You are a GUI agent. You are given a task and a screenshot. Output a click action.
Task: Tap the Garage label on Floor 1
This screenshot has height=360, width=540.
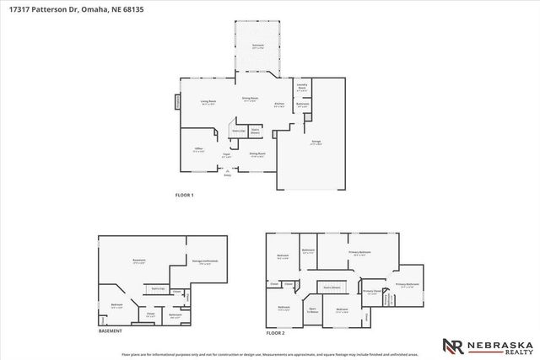click(315, 144)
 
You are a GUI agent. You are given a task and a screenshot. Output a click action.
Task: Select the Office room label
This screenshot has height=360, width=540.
click(198, 149)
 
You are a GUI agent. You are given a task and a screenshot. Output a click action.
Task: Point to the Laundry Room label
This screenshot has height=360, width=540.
click(302, 86)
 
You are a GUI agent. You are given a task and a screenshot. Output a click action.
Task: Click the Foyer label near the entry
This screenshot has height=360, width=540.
click(226, 154)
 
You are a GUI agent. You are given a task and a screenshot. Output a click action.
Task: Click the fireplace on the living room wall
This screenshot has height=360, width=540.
click(177, 102)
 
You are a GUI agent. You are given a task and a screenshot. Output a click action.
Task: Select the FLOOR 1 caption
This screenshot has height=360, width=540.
click(184, 196)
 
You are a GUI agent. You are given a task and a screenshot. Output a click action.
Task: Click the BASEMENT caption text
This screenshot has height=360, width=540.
click(111, 331)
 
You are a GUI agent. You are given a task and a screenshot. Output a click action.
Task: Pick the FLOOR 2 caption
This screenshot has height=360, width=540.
click(277, 333)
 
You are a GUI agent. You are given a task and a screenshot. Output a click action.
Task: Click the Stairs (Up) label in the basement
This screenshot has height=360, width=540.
click(157, 288)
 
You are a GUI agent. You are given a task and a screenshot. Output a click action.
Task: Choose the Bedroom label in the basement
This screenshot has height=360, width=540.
click(116, 304)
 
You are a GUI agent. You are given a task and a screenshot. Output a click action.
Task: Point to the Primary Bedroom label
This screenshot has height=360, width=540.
click(360, 252)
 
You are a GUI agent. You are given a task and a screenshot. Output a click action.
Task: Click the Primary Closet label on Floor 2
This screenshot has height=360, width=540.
click(371, 293)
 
